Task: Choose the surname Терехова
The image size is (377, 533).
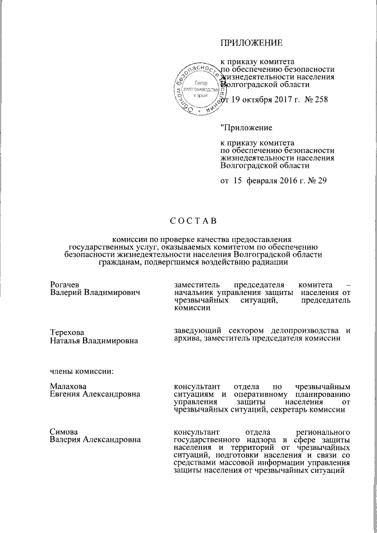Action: point(68,332)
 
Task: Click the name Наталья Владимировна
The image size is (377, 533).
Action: point(94,340)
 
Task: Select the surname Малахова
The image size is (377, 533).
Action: point(68,386)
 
